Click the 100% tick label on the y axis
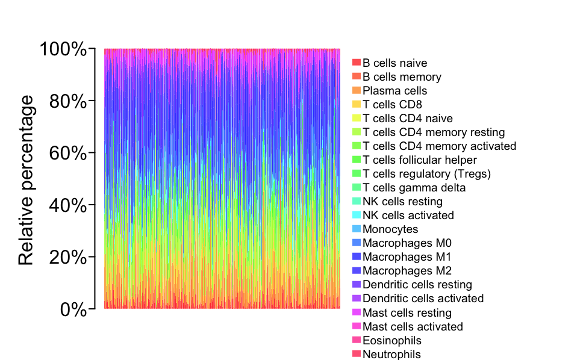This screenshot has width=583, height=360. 63,49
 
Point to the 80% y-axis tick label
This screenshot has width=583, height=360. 67,101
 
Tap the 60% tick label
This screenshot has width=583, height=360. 67,153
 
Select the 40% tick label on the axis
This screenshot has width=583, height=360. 67,205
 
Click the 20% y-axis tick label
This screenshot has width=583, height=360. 67,257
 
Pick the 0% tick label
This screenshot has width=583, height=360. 73,309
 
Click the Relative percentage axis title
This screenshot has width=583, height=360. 26,180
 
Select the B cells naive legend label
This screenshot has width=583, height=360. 395,63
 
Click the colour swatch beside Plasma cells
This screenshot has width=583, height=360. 357,90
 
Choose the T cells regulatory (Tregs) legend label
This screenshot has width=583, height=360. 427,174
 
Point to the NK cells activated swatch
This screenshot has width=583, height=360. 357,215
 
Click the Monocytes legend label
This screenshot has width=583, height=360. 390,229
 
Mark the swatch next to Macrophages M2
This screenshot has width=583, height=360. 357,270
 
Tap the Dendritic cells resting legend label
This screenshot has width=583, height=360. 417,285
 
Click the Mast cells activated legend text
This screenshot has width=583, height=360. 413,326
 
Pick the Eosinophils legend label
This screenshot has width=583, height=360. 392,341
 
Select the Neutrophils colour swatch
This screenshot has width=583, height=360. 357,353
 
